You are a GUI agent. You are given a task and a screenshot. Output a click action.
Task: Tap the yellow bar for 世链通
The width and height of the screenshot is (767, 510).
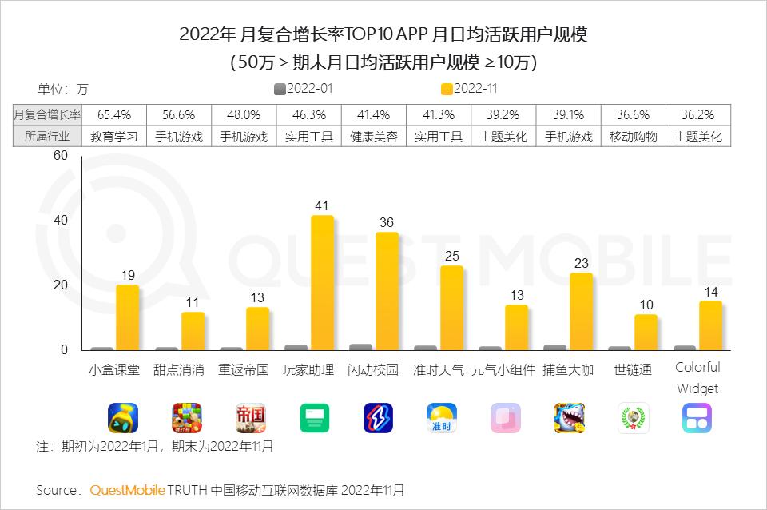pyautogui.click(x=646, y=333)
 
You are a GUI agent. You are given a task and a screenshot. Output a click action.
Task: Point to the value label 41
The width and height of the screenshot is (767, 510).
pyautogui.click(x=322, y=205)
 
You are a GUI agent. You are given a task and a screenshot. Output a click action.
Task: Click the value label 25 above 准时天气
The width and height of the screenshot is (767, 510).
pyautogui.click(x=452, y=256)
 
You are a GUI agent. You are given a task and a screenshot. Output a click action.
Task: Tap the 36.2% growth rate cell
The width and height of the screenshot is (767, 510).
pyautogui.click(x=697, y=115)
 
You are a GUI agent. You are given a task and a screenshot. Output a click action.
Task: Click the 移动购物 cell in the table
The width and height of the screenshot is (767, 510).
pyautogui.click(x=633, y=137)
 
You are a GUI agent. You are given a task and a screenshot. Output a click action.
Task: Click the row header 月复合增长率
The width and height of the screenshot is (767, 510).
pyautogui.click(x=47, y=115)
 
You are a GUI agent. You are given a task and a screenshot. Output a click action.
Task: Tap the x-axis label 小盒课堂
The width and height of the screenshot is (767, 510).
pyautogui.click(x=114, y=370)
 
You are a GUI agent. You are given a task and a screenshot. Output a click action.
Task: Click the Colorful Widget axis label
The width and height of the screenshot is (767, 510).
pyautogui.click(x=697, y=378)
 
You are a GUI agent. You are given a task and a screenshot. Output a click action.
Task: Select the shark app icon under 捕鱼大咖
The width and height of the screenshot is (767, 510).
pyautogui.click(x=570, y=417)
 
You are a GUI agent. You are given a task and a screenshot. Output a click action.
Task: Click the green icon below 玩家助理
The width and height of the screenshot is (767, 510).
pyautogui.click(x=315, y=417)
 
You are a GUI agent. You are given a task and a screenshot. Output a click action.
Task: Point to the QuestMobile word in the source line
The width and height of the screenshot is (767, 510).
pyautogui.click(x=128, y=489)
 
